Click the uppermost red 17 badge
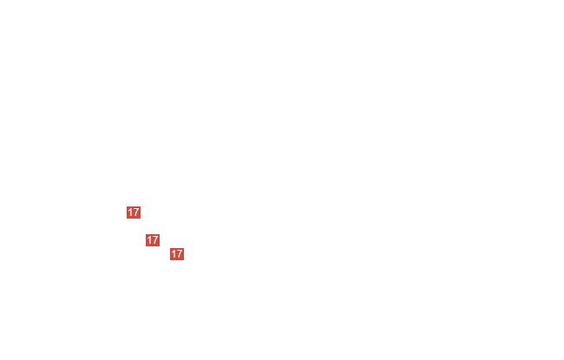tap(134, 213)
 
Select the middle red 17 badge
tap(153, 240)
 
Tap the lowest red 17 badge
tap(177, 254)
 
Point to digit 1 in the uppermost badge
tap(130, 213)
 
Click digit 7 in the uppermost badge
tap(136, 213)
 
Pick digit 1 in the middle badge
tap(149, 240)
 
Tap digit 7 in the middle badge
tap(155, 240)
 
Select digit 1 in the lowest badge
tap(174, 254)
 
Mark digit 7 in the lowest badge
tap(180, 254)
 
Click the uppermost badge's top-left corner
tap(127, 206)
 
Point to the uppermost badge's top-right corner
tap(141, 206)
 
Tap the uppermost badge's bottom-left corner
tap(127, 219)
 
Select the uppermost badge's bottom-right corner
tap(141, 219)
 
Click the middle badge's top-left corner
tap(146, 234)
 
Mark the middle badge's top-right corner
tap(160, 234)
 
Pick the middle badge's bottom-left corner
tap(146, 246)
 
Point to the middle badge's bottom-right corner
tap(160, 246)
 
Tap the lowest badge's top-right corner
tap(184, 248)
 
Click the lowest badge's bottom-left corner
tap(170, 260)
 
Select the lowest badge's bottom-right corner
tap(184, 260)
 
